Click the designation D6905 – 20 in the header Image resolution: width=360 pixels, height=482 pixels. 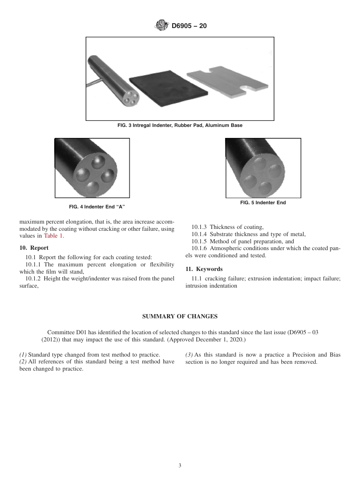189,26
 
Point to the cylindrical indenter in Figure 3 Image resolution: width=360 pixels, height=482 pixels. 112,78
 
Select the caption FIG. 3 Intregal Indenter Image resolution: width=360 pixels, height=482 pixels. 180,125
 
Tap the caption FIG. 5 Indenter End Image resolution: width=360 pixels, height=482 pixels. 263,203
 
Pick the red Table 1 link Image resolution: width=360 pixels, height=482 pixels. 54,236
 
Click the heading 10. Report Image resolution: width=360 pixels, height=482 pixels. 34,248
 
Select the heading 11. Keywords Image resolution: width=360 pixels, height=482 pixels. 204,269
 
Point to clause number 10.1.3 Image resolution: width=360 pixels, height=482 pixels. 199,227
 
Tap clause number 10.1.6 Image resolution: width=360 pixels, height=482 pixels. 199,249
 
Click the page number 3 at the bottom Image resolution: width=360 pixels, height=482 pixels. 180,466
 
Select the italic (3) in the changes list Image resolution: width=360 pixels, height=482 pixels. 189,355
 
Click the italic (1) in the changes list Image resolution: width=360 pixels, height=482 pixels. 23,355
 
